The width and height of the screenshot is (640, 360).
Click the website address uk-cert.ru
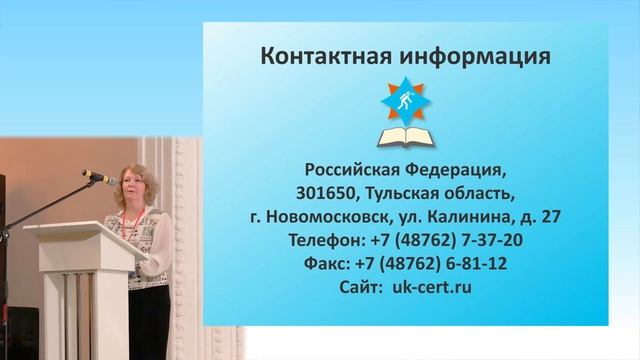point(433,287)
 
